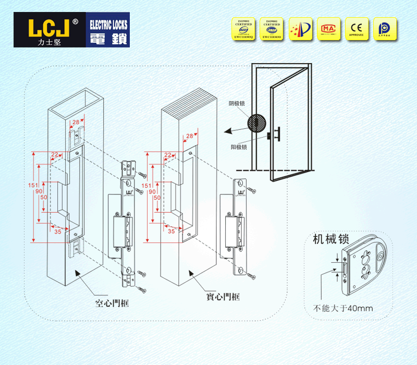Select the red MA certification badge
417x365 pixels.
[x=328, y=29]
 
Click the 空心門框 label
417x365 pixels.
[x=112, y=302]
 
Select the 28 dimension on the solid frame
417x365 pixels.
[x=189, y=136]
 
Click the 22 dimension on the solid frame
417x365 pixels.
[x=168, y=155]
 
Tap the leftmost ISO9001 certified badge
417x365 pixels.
[x=243, y=29]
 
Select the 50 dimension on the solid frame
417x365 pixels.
[x=157, y=198]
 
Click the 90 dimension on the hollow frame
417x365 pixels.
[x=39, y=191]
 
